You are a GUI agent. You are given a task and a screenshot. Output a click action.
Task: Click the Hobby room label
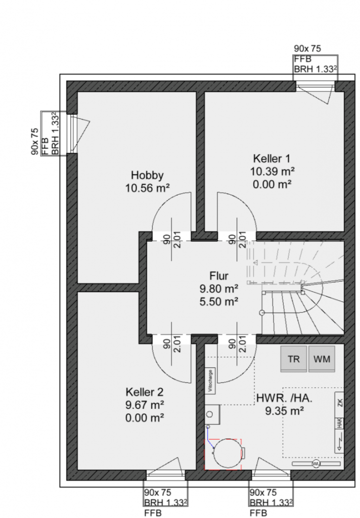pyautogui.click(x=147, y=176)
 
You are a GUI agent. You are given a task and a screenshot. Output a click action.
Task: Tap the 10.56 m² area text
pyautogui.click(x=147, y=188)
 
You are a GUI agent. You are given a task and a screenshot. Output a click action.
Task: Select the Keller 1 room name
pyautogui.click(x=272, y=158)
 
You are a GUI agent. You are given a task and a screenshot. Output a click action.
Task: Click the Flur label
pyautogui.click(x=219, y=276)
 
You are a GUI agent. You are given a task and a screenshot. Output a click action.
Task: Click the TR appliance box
pyautogui.click(x=293, y=360)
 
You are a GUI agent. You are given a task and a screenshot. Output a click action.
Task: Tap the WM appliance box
pyautogui.click(x=322, y=360)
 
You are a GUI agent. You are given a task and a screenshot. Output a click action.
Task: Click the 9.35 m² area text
pyautogui.click(x=285, y=411)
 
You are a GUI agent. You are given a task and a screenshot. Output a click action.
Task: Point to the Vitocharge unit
pyautogui.click(x=210, y=381)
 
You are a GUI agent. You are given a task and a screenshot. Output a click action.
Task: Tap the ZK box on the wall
pyautogui.click(x=339, y=403)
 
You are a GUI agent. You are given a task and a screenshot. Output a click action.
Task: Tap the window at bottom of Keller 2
pyautogui.click(x=166, y=474)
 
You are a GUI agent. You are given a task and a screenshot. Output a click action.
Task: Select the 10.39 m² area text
pyautogui.click(x=272, y=171)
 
